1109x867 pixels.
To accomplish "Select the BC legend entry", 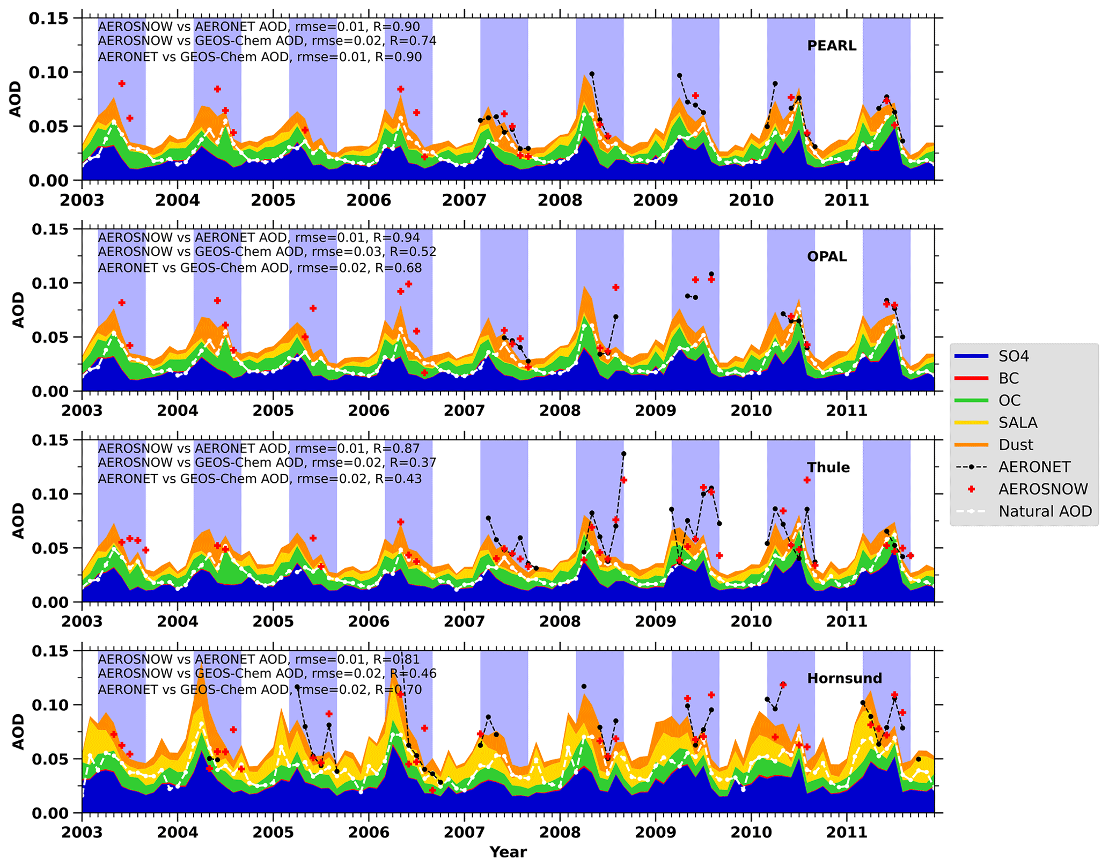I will [x=1008, y=378].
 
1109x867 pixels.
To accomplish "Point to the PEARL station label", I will [x=831, y=46].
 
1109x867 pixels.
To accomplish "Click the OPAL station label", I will [x=826, y=256].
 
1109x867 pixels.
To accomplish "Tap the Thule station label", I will [x=828, y=467].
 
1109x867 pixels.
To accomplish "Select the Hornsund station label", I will [x=844, y=678].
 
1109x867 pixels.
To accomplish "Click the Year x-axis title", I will [x=508, y=852].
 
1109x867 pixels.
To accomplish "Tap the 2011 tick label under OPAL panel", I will [x=846, y=411].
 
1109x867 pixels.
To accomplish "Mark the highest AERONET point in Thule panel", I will [x=623, y=454].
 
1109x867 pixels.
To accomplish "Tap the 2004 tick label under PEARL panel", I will [x=177, y=200].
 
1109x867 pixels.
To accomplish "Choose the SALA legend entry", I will [x=1017, y=423].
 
